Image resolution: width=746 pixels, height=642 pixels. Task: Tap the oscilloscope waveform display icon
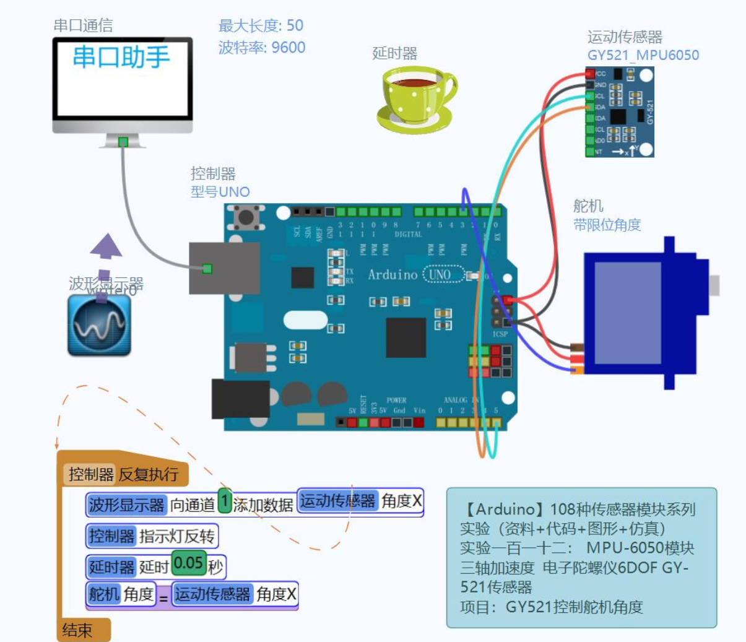(99, 325)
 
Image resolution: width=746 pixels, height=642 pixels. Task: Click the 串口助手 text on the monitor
(121, 57)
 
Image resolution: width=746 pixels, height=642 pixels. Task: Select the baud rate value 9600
(288, 48)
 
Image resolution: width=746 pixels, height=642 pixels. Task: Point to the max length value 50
(295, 25)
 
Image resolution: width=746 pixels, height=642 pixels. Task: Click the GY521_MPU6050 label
(643, 55)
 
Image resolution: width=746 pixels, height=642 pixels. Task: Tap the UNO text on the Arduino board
(440, 274)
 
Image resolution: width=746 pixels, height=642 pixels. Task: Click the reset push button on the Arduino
(246, 217)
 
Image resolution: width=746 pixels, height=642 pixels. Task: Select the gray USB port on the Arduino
(224, 268)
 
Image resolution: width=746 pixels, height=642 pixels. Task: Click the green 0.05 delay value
(188, 563)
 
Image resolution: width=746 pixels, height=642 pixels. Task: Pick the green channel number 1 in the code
(225, 501)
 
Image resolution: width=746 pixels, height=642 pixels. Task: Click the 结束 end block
(78, 630)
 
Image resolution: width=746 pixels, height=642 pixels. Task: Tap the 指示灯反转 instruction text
(176, 536)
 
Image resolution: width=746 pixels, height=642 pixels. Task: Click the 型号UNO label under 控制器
(220, 192)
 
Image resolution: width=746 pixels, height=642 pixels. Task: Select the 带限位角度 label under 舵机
(607, 225)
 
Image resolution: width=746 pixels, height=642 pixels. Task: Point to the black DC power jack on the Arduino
(240, 399)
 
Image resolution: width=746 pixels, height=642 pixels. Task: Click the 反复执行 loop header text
(149, 474)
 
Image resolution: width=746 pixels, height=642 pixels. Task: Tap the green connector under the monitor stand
(123, 142)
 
